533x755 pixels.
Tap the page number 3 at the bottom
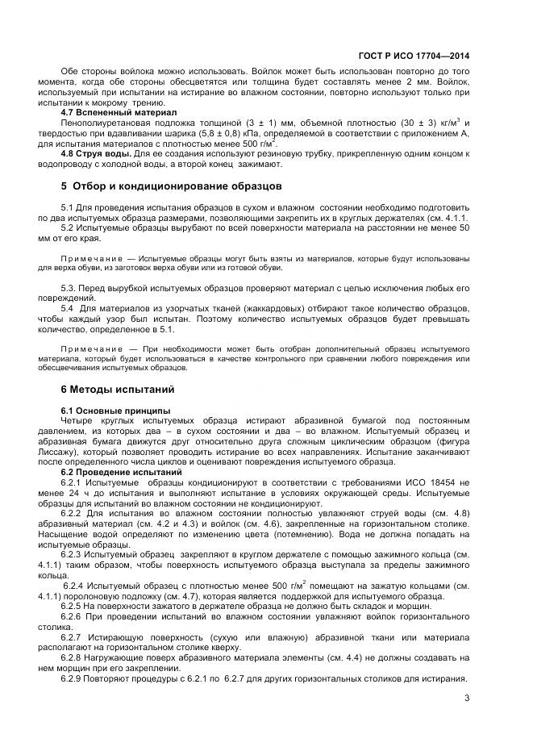click(467, 699)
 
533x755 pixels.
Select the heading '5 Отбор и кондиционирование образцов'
click(171, 186)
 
